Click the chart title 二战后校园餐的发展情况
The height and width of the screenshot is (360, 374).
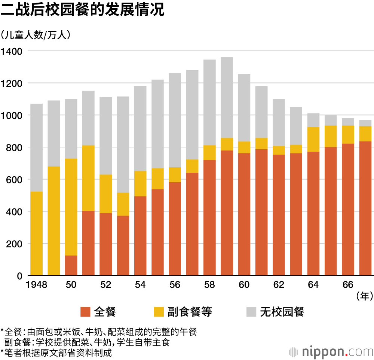(x=82, y=10)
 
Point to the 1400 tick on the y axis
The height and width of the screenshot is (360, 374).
(x=12, y=51)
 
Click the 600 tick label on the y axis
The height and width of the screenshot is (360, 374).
(x=15, y=180)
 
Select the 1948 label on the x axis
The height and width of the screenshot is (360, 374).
(x=36, y=285)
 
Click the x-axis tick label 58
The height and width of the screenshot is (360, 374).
(x=210, y=285)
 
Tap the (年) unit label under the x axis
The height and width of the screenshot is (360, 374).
(x=364, y=297)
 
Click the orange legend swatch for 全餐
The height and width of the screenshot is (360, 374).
(x=86, y=312)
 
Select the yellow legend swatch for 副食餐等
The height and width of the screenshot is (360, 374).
(x=159, y=312)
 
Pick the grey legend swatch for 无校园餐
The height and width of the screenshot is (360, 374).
(x=251, y=312)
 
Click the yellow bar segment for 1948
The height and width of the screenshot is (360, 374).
(x=36, y=234)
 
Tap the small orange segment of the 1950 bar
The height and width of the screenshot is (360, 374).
(x=71, y=266)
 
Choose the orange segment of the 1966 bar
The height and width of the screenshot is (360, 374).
(x=348, y=210)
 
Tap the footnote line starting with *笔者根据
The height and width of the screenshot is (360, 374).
(x=56, y=352)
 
